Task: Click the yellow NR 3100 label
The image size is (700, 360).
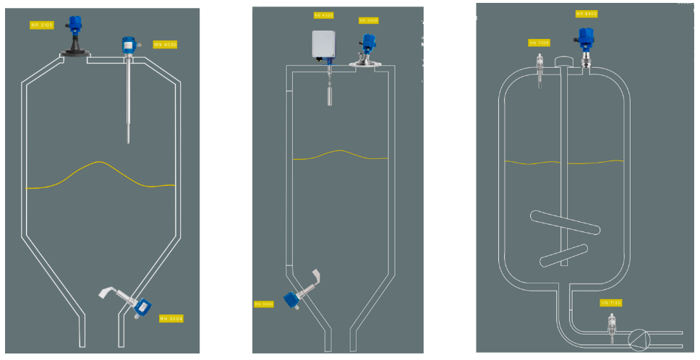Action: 40,25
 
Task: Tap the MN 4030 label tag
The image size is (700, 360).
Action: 166,44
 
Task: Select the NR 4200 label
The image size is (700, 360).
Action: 323,14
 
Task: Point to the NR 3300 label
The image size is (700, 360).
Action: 369,20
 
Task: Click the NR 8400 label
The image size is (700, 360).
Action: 586,14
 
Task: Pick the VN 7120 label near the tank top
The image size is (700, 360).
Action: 539,43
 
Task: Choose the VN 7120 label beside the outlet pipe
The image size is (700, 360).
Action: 611,302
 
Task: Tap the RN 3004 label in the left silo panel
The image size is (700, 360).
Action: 171,317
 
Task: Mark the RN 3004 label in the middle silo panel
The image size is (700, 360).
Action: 263,304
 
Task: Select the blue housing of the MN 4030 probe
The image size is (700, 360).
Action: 130,46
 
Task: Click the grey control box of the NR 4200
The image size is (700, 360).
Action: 325,45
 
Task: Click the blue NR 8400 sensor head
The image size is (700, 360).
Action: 586,36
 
